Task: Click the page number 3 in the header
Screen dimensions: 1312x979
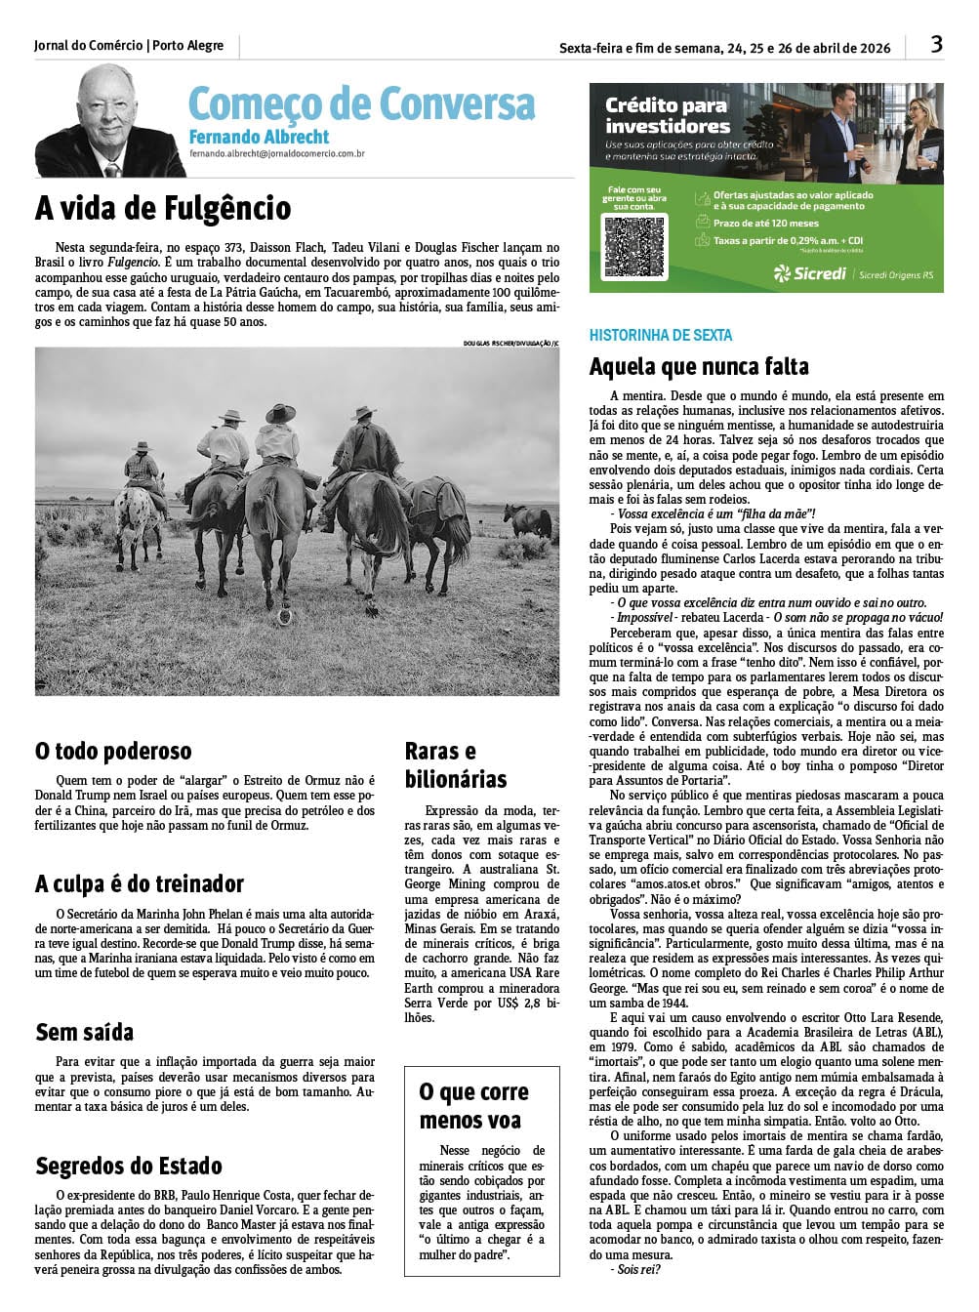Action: click(x=936, y=45)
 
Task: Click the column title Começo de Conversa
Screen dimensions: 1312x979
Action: click(x=361, y=103)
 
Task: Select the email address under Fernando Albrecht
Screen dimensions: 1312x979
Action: click(x=277, y=153)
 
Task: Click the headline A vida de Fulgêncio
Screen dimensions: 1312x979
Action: click(x=163, y=208)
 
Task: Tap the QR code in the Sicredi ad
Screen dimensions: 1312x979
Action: click(x=634, y=245)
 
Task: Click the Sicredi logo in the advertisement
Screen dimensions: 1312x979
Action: click(x=809, y=273)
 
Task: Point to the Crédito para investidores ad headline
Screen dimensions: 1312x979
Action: click(x=667, y=116)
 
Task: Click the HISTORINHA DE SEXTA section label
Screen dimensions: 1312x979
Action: click(x=661, y=335)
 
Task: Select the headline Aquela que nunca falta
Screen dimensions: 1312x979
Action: click(x=699, y=367)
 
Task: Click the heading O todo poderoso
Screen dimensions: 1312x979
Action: click(x=113, y=751)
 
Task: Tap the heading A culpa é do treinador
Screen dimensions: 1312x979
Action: click(x=140, y=883)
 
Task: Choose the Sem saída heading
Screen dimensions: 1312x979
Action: click(x=85, y=1032)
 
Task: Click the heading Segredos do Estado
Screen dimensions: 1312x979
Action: click(x=129, y=1166)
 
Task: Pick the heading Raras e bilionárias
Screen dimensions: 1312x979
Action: click(x=456, y=764)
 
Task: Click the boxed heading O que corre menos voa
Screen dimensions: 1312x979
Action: click(x=473, y=1105)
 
